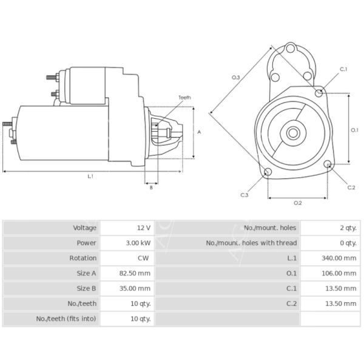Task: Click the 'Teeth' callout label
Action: [184, 98]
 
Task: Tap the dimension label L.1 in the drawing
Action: [90, 176]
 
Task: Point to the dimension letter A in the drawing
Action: [199, 132]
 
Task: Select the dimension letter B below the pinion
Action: [151, 187]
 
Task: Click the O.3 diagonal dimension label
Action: [236, 77]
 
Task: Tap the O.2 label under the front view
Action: [297, 202]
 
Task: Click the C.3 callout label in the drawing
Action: [244, 195]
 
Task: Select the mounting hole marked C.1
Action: [320, 92]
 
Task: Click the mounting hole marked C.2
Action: [328, 164]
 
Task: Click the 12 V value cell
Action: [143, 227]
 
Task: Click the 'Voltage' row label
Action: [84, 227]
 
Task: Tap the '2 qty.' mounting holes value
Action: [348, 227]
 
